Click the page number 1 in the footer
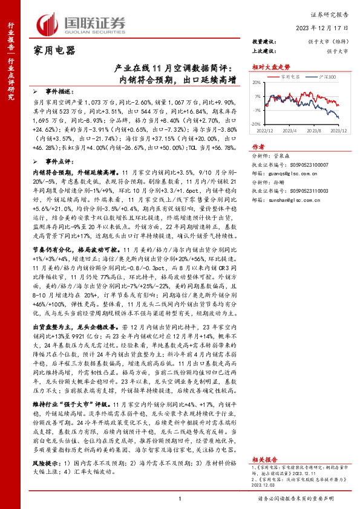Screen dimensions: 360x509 [x=180, y=498]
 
